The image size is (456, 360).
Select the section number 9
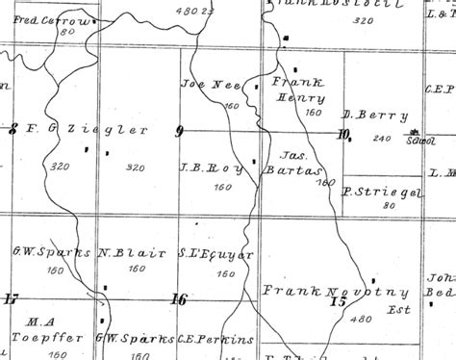tap(179, 131)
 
